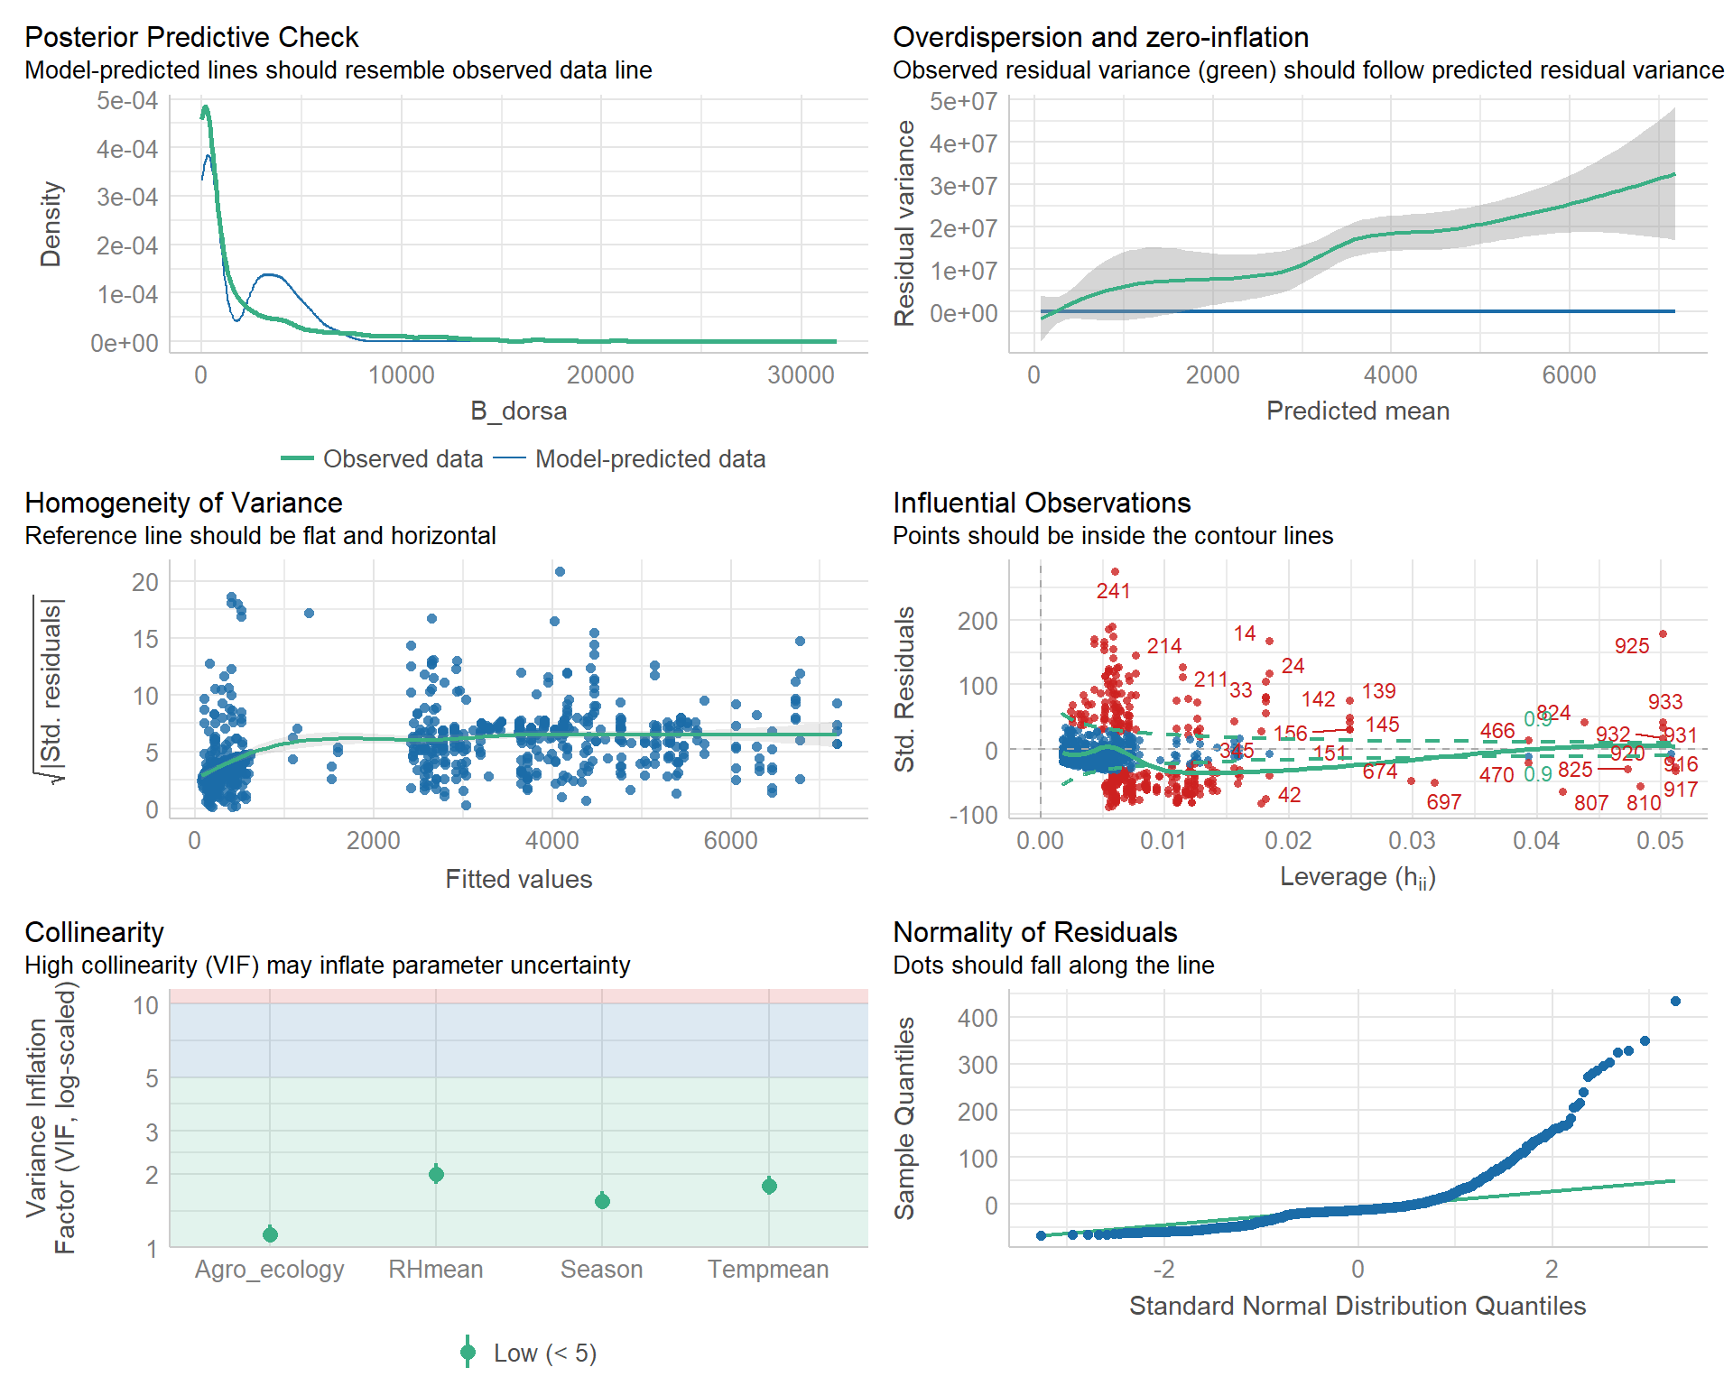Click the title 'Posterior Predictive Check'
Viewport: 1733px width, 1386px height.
tap(191, 37)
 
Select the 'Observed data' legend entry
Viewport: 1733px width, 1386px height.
tap(403, 459)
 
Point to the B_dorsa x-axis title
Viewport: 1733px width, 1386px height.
tap(518, 411)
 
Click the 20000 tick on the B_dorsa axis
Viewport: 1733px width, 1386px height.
tap(600, 375)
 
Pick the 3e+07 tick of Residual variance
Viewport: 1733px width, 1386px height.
tap(963, 186)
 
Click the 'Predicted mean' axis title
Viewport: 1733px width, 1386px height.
tap(1358, 411)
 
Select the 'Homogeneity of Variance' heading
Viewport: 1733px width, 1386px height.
tap(183, 503)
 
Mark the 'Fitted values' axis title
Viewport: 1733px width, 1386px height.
tap(518, 880)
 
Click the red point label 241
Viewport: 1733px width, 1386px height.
tap(1113, 591)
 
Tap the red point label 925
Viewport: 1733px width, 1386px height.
tap(1631, 646)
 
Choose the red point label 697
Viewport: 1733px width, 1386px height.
tap(1443, 802)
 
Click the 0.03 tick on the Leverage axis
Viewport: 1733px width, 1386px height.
tap(1412, 841)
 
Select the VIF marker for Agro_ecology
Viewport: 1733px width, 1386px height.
tap(270, 1234)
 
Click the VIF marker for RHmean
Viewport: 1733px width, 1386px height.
tap(436, 1174)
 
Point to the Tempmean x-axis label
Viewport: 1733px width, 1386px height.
tap(768, 1270)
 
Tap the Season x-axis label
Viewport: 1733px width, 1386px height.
tap(602, 1270)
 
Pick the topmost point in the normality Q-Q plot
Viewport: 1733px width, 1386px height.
tap(1675, 1002)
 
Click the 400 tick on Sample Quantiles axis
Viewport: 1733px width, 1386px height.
tap(978, 1019)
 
